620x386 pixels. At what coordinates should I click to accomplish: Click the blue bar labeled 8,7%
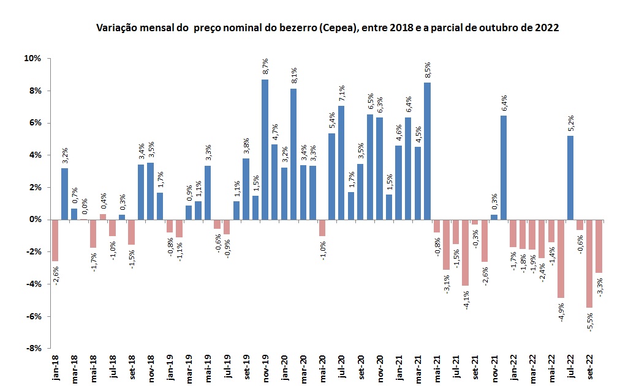point(265,149)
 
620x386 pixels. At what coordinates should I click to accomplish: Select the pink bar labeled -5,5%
point(589,263)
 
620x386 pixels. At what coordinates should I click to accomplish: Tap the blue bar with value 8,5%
point(427,150)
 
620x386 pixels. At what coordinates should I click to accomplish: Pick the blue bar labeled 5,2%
point(570,177)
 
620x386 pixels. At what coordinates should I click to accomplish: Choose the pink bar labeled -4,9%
point(561,258)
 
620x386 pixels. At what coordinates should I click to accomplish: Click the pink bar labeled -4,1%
point(465,252)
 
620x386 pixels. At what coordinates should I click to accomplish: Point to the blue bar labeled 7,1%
point(341,162)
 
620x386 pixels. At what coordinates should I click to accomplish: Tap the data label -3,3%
point(599,287)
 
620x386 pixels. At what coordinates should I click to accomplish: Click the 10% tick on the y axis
point(32,59)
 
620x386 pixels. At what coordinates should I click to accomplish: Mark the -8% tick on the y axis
point(32,349)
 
